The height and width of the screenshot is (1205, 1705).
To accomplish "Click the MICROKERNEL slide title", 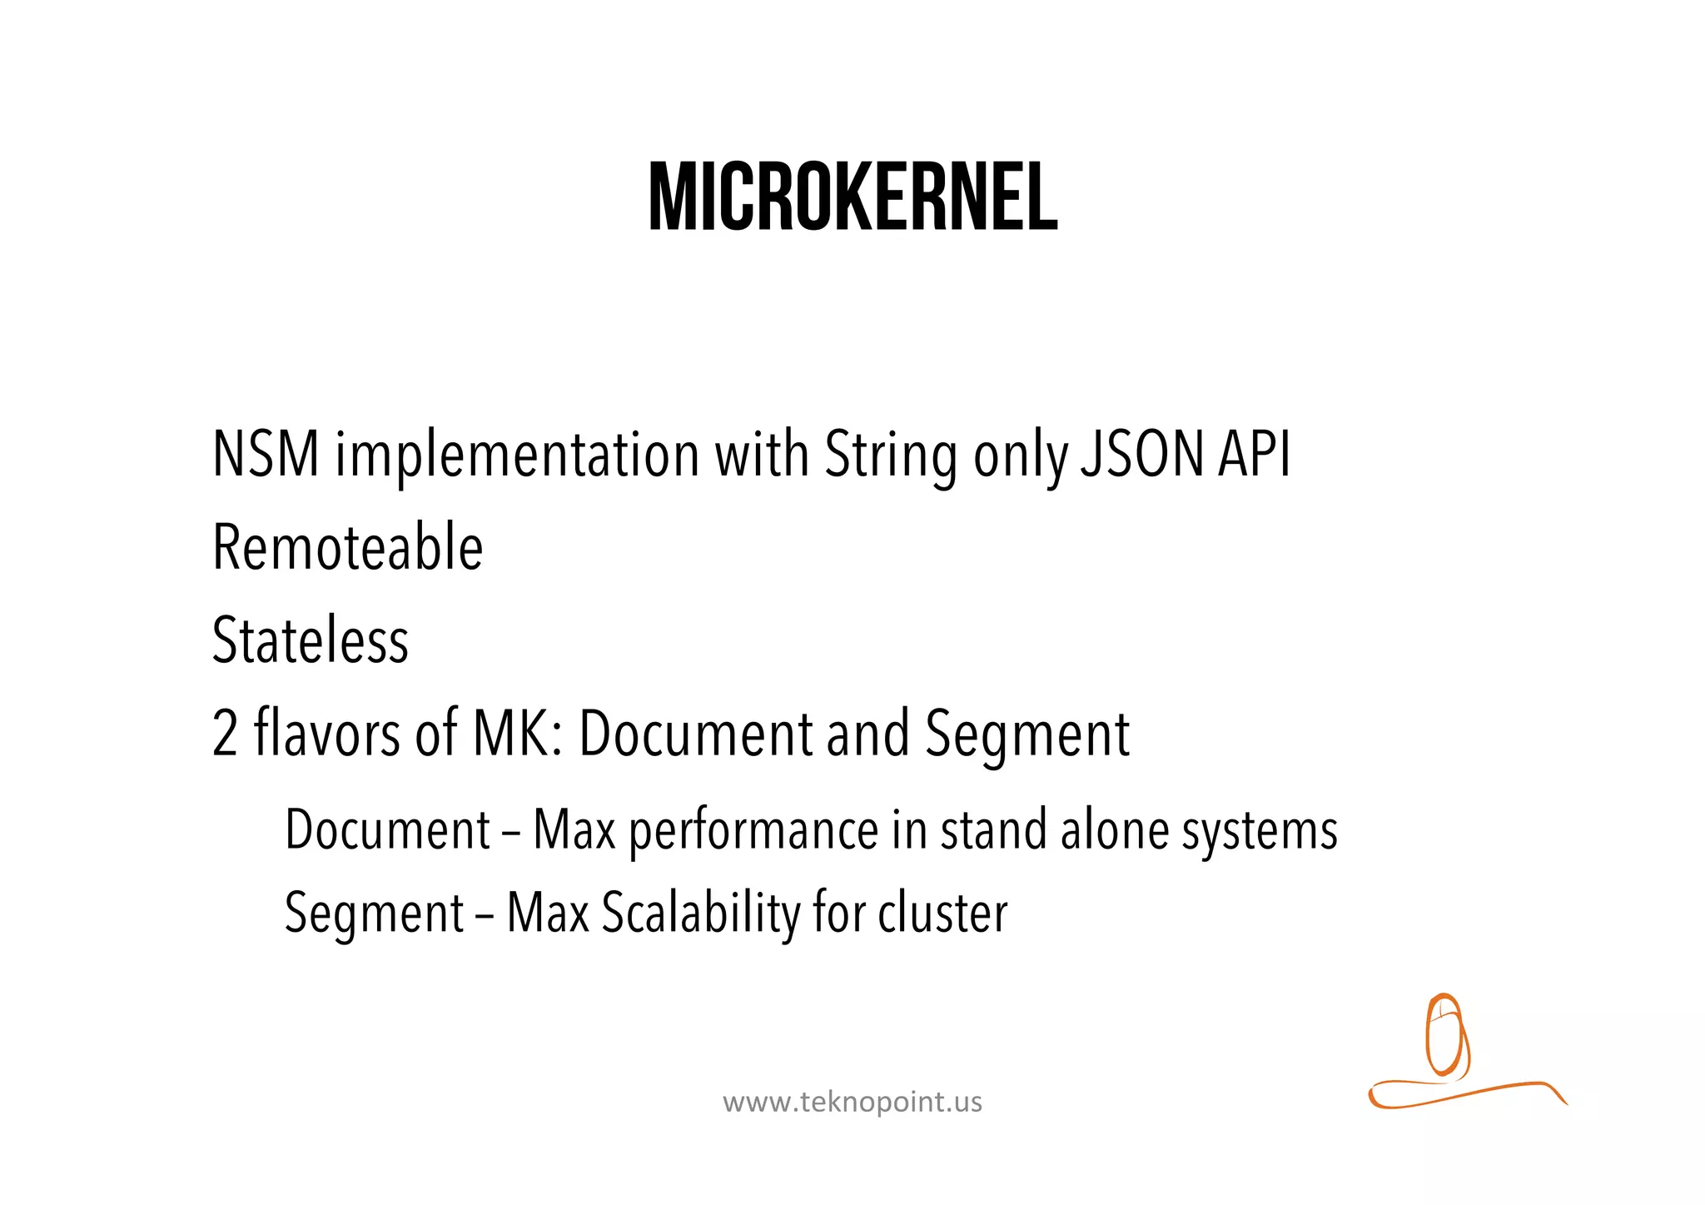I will [x=852, y=197].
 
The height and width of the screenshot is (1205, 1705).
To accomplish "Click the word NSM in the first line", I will [x=266, y=455].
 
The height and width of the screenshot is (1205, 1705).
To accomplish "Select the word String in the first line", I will [x=890, y=456].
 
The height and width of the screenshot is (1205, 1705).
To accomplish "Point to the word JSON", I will [x=1141, y=455].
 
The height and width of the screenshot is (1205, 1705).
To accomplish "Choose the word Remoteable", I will [x=348, y=547].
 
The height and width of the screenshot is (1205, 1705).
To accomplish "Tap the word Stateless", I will [x=311, y=640].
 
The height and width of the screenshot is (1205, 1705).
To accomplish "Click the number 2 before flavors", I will [x=225, y=734].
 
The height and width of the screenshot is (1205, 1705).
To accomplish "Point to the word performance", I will [x=753, y=831].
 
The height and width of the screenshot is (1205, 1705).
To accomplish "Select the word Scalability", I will [x=700, y=914].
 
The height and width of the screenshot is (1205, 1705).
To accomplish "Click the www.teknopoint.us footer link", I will [x=852, y=1102].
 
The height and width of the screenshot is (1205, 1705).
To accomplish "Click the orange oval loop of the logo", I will [x=1444, y=1033].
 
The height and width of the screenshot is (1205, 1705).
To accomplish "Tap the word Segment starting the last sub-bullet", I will [x=375, y=914].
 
